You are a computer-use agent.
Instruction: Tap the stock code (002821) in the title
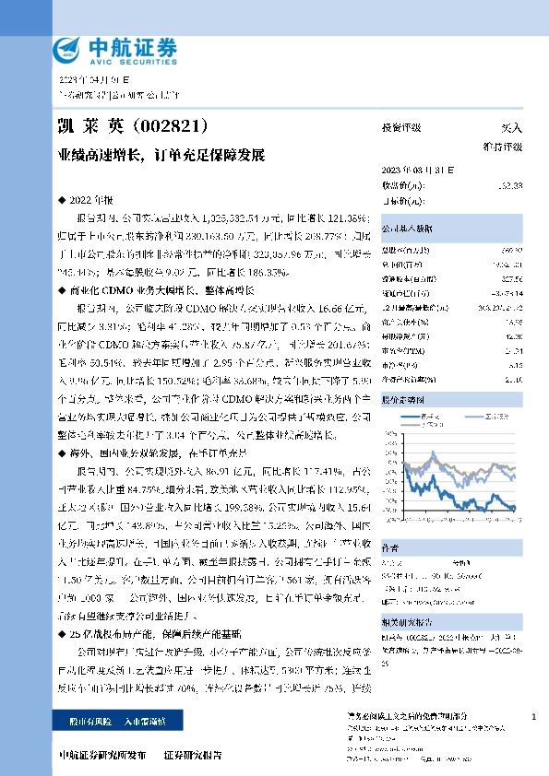167,124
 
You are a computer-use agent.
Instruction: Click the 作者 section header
391,546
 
